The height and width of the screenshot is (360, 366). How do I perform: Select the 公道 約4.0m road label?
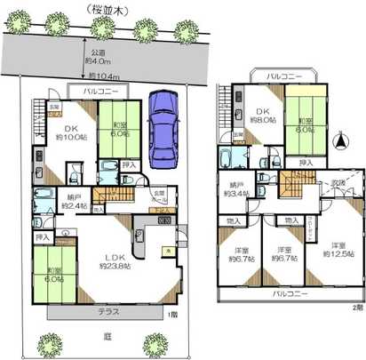point(97,56)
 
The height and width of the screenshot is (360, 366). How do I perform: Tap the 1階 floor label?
point(171,315)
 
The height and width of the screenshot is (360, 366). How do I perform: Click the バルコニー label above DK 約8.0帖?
point(284,77)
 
